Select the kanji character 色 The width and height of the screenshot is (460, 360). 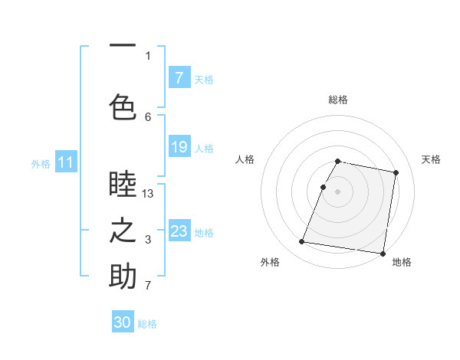pos(123,106)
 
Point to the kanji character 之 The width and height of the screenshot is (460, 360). pos(123,232)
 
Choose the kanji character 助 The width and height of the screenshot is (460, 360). pos(123,277)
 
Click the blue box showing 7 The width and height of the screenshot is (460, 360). pos(179,78)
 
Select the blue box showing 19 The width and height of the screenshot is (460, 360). pos(179,147)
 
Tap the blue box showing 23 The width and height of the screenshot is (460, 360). pos(179,231)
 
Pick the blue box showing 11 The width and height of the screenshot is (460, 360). pos(65,162)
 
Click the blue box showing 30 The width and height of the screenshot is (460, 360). pos(123,322)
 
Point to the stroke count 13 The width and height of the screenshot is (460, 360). pos(148,194)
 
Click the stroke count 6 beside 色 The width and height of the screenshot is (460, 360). pos(148,116)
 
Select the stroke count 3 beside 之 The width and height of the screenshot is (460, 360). pos(148,241)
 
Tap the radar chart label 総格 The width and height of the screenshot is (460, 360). pos(338,100)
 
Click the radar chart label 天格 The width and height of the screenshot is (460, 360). pos(432,159)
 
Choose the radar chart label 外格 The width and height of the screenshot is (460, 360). pos(270,263)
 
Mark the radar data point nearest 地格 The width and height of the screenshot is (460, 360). pos(382,254)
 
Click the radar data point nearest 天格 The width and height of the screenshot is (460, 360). pos(396,173)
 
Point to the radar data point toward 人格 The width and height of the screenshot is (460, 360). pos(323,187)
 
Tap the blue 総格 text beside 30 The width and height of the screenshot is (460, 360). pos(147,324)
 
